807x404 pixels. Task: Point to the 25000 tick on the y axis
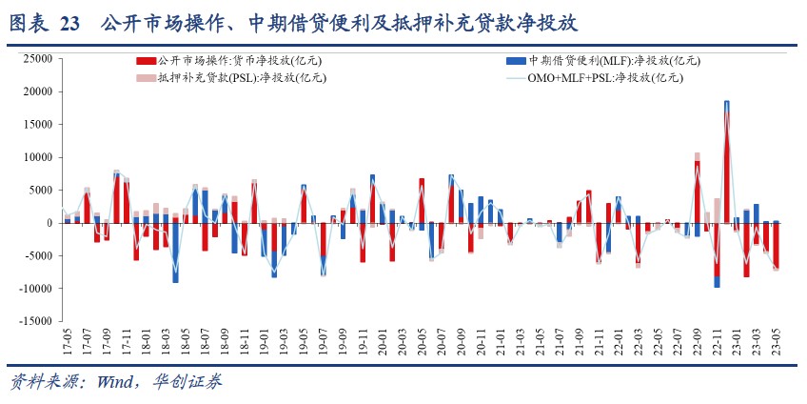pyautogui.click(x=35, y=59)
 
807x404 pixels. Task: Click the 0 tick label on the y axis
pyautogui.click(x=48, y=223)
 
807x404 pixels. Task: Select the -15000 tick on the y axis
pyautogui.click(x=33, y=321)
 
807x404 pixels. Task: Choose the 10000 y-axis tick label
pyautogui.click(x=35, y=157)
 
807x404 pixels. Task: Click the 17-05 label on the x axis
pyautogui.click(x=66, y=340)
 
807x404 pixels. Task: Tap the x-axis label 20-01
pyautogui.click(x=382, y=340)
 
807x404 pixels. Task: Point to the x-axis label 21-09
pyautogui.click(x=579, y=340)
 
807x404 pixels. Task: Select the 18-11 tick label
pyautogui.click(x=244, y=340)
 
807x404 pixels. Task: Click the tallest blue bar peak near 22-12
pyautogui.click(x=726, y=102)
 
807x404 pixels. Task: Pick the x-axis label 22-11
pyautogui.click(x=717, y=340)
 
